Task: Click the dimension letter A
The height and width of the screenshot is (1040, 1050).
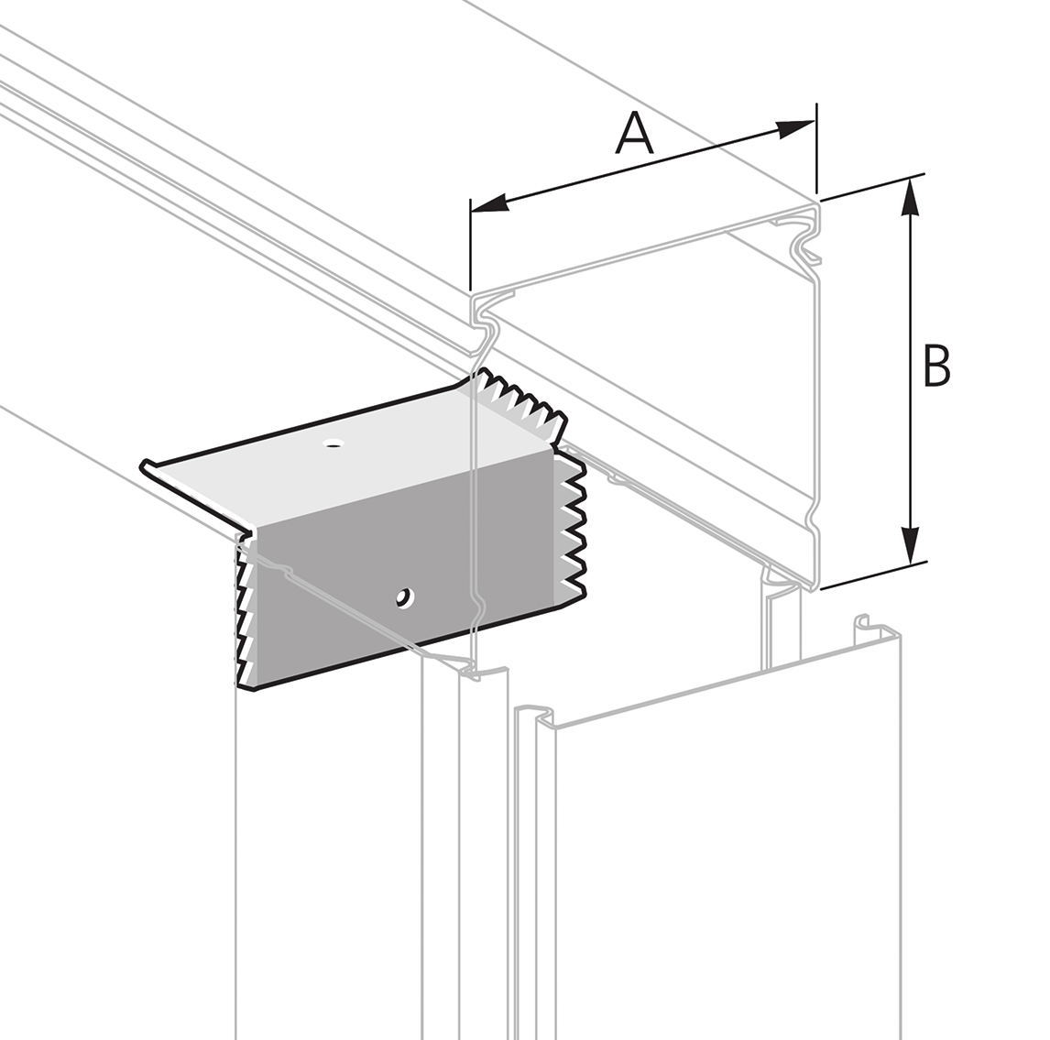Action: [x=635, y=134]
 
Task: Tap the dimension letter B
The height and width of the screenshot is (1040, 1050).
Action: [x=935, y=366]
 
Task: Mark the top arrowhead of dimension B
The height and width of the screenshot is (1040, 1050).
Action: [x=910, y=196]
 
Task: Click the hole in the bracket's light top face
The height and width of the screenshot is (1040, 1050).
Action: [x=334, y=444]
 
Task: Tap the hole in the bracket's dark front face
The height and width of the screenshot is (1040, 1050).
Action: [x=402, y=598]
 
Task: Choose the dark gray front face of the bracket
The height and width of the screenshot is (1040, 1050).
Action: [x=412, y=550]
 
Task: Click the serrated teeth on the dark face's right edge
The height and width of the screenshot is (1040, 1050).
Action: [x=572, y=531]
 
